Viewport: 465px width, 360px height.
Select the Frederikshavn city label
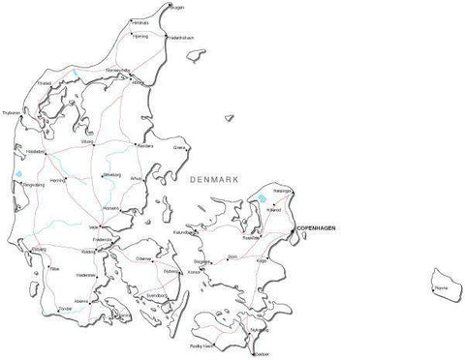pos(181,39)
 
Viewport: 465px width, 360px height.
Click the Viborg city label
pos(88,142)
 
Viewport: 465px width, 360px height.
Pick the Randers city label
pos(144,146)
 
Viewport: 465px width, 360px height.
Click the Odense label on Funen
pos(143,258)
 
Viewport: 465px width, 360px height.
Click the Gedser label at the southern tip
pos(262,354)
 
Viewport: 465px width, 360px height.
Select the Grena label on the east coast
pos(179,148)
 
